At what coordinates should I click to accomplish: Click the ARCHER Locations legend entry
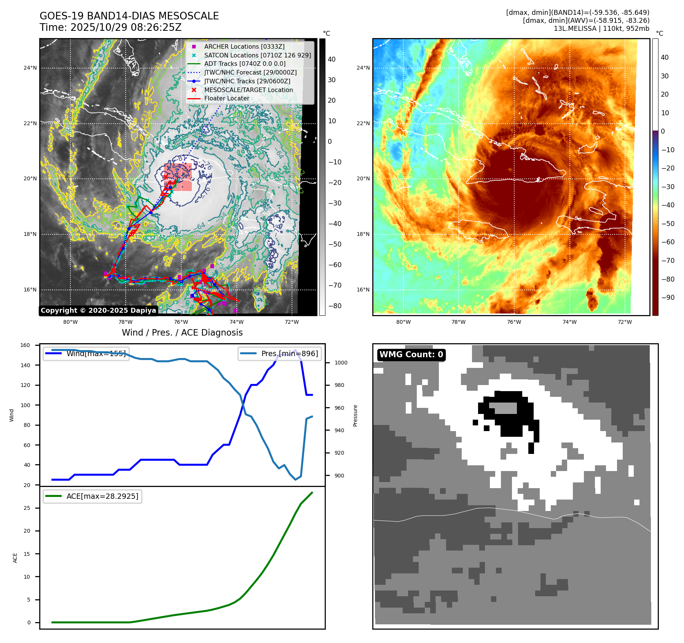[244, 46]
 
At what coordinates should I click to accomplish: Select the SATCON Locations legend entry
[257, 55]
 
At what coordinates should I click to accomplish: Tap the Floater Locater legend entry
[226, 98]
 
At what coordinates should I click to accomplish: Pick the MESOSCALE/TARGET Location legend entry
[248, 90]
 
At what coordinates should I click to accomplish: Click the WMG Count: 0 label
[411, 355]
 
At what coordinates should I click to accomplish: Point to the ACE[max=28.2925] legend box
[92, 496]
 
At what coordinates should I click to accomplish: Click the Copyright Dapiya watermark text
[98, 310]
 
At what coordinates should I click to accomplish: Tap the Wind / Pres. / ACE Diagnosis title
[182, 333]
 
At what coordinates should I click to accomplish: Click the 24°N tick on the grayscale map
[30, 68]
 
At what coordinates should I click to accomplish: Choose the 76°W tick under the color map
[514, 322]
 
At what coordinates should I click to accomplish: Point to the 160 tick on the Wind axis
[25, 345]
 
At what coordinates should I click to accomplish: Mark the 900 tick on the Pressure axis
[339, 476]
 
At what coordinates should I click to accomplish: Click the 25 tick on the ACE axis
[27, 508]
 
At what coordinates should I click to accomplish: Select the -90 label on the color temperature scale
[668, 298]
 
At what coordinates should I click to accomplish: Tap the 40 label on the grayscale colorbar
[332, 59]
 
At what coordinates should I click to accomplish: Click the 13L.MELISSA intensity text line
[601, 29]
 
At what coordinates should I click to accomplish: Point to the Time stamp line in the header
[110, 27]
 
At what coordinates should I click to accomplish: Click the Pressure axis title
[355, 415]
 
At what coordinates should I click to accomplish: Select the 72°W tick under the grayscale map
[292, 322]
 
